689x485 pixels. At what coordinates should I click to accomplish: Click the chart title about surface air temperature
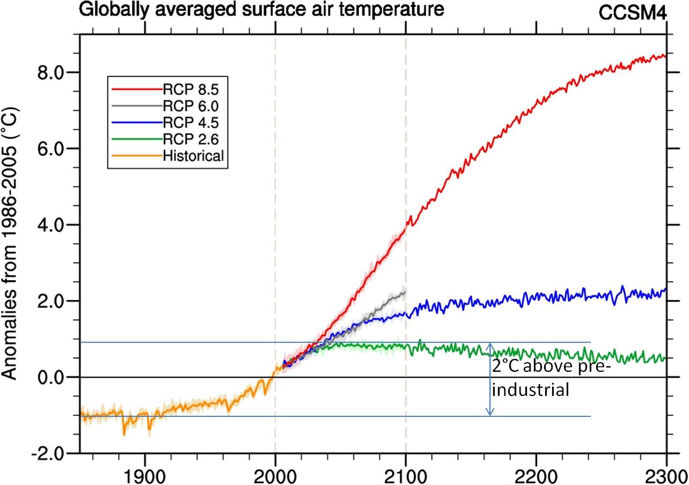(x=262, y=9)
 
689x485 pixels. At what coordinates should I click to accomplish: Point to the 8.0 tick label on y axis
(x=53, y=72)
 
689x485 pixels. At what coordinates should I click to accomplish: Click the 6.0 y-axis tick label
(x=53, y=149)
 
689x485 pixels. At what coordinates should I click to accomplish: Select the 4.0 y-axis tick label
(x=53, y=225)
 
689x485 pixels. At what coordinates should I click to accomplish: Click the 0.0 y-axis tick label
(x=53, y=377)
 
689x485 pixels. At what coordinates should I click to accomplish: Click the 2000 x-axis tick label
(x=275, y=475)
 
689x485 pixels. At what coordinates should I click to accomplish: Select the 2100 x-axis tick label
(x=406, y=475)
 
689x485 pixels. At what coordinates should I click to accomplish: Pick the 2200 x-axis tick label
(x=536, y=475)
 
